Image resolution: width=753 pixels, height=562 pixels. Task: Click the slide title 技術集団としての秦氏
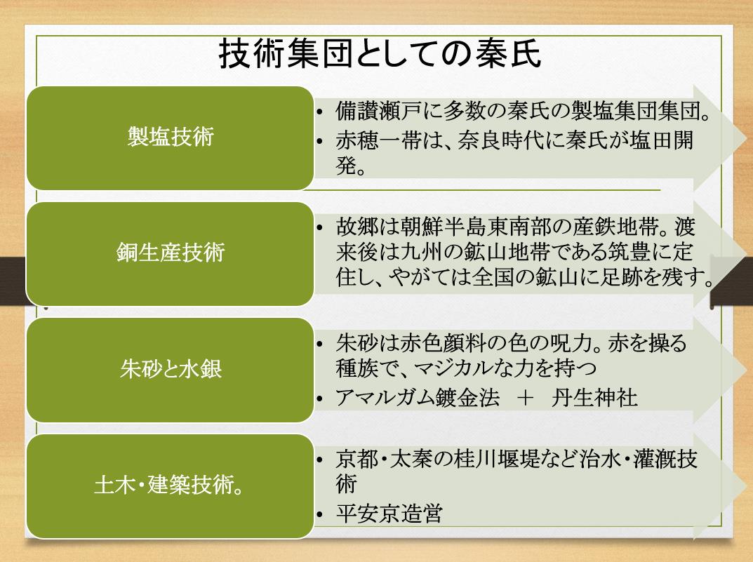pos(380,54)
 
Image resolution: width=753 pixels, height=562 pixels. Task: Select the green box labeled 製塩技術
pos(170,138)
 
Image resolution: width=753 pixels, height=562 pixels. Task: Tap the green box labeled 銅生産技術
pos(170,253)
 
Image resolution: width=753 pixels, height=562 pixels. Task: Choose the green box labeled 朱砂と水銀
pos(170,370)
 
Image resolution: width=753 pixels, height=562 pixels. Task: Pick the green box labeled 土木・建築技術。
pos(170,486)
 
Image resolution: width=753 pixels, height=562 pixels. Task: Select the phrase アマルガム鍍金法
pos(418,398)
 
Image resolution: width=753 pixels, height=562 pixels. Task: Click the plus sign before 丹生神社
pos(526,398)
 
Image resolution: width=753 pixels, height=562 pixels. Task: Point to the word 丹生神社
pos(594,398)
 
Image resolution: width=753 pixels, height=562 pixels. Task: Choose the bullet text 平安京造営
pos(389,514)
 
